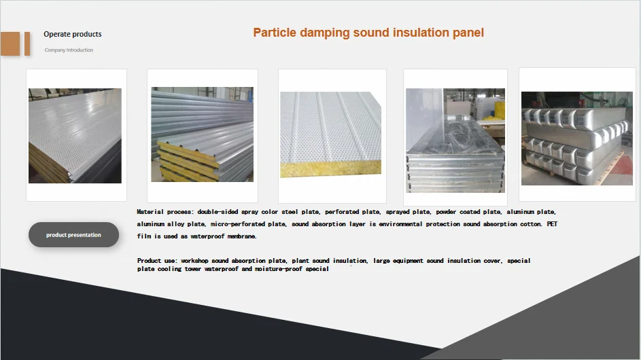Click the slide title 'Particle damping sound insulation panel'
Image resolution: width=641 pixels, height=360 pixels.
(368, 33)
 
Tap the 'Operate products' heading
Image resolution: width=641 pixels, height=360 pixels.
(73, 35)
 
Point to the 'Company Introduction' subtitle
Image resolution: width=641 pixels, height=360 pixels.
(69, 50)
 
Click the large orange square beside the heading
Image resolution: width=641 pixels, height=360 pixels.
(10, 43)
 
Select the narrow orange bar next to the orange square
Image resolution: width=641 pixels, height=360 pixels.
(27, 43)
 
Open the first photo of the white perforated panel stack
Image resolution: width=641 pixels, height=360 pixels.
(75, 136)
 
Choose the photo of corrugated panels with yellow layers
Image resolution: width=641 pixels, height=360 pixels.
(203, 134)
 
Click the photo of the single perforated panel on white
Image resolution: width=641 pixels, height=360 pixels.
(331, 134)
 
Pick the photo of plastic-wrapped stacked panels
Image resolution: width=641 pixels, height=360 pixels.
(455, 141)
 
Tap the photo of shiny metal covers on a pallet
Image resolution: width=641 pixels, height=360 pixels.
(577, 139)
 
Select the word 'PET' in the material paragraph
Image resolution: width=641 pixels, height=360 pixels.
(552, 224)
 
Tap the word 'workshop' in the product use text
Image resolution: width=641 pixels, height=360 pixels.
(194, 261)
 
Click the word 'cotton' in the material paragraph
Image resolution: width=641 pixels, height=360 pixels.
(531, 224)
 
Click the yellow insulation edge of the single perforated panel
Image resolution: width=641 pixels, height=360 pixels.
(331, 168)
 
